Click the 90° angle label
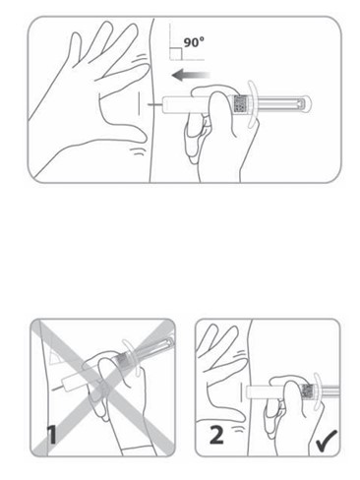click(x=194, y=42)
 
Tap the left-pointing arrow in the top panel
click(x=191, y=76)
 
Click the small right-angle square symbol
click(x=176, y=54)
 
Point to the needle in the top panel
click(x=154, y=105)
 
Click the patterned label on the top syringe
click(x=241, y=104)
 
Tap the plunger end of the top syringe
click(x=304, y=104)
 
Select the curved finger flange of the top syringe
click(x=252, y=103)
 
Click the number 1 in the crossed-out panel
click(x=51, y=435)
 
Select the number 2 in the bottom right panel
click(x=216, y=435)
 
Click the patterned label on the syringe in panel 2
click(x=308, y=391)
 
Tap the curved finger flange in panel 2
click(x=318, y=391)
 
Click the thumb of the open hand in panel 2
click(x=227, y=410)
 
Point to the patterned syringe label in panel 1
click(x=124, y=360)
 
